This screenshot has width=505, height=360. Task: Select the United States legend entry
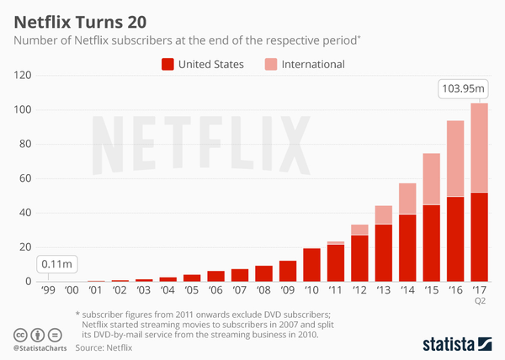click(205, 64)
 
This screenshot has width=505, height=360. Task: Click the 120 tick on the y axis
click(24, 76)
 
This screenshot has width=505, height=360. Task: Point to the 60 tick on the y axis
click(26, 178)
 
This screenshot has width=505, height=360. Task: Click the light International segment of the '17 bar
click(480, 147)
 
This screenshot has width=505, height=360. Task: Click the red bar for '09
click(288, 271)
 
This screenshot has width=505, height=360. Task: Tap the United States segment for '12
click(359, 258)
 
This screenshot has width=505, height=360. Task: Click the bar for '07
click(240, 275)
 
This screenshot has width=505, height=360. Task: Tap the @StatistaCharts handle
click(41, 346)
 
